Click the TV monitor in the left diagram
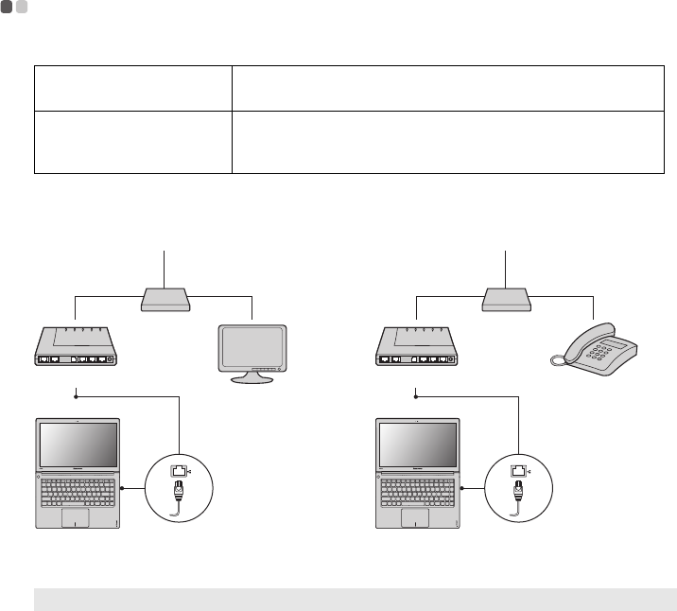coord(252,347)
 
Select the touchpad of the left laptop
coord(76,518)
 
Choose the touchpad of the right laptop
coord(415,518)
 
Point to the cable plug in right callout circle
coord(519,492)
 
